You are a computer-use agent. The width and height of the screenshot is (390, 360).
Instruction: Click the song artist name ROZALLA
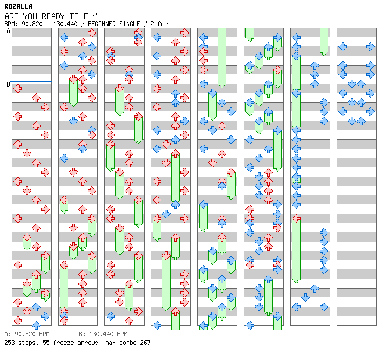click(x=18, y=6)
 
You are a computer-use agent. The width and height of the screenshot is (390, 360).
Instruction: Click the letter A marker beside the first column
click(x=8, y=31)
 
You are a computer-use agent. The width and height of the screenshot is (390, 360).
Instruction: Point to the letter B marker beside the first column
click(x=8, y=84)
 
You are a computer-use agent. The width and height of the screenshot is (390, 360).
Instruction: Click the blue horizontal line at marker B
click(x=31, y=82)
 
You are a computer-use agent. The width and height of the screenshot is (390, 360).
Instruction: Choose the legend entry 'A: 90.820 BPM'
click(x=27, y=334)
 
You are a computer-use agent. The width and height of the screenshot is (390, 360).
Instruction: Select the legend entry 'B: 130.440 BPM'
click(x=103, y=334)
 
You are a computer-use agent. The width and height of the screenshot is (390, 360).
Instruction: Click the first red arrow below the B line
click(x=17, y=88)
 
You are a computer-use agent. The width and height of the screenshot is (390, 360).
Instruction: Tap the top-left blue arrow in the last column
click(x=342, y=46)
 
